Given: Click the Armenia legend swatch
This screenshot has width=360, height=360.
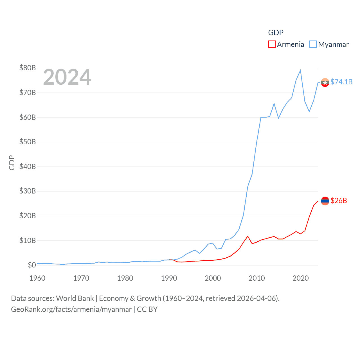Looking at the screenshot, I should [272, 44].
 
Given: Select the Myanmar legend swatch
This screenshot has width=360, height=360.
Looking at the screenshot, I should [313, 44].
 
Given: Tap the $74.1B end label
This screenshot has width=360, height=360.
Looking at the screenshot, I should [341, 82].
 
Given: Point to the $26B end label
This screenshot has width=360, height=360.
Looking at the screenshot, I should [339, 201].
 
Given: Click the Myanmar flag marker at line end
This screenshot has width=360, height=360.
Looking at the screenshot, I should [325, 82].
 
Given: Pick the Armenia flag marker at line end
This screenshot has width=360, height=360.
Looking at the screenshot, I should [325, 201].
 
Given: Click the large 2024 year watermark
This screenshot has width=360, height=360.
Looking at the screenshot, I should [67, 77].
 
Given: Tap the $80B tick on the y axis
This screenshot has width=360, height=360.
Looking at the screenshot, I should [28, 68].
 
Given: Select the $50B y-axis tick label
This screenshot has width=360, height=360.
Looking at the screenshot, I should [28, 142].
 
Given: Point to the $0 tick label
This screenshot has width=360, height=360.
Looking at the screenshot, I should [32, 265].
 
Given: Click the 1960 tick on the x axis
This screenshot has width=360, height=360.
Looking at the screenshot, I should [37, 278].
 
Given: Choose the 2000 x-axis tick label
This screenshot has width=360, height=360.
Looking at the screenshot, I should [213, 278].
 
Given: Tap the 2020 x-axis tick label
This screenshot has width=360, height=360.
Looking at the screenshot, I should [301, 278].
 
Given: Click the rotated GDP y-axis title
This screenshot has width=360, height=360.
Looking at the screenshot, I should [12, 163].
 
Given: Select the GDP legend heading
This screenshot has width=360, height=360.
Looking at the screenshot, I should [276, 33].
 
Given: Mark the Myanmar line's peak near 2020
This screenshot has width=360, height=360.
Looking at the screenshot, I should [300, 70].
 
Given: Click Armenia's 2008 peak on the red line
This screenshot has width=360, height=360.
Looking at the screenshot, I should [248, 236].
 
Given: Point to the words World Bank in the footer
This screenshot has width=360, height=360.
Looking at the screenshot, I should [75, 298].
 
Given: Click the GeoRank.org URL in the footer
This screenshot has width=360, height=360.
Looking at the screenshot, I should [71, 309].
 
